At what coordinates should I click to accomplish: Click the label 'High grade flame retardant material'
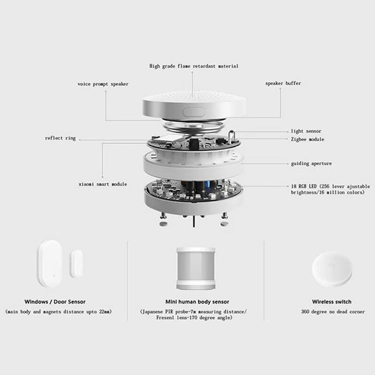[x=193, y=66]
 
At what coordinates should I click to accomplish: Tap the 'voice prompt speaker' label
[x=103, y=84]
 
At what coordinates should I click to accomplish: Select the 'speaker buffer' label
[x=283, y=83]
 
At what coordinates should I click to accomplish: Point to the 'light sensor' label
[x=306, y=131]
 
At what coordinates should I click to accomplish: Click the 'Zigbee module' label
[x=307, y=139]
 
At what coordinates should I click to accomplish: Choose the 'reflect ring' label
[x=60, y=138]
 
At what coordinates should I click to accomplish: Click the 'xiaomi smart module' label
[x=102, y=184]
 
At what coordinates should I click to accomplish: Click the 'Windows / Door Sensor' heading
[x=55, y=302]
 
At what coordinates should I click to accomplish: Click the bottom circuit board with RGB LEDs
[x=193, y=190]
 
